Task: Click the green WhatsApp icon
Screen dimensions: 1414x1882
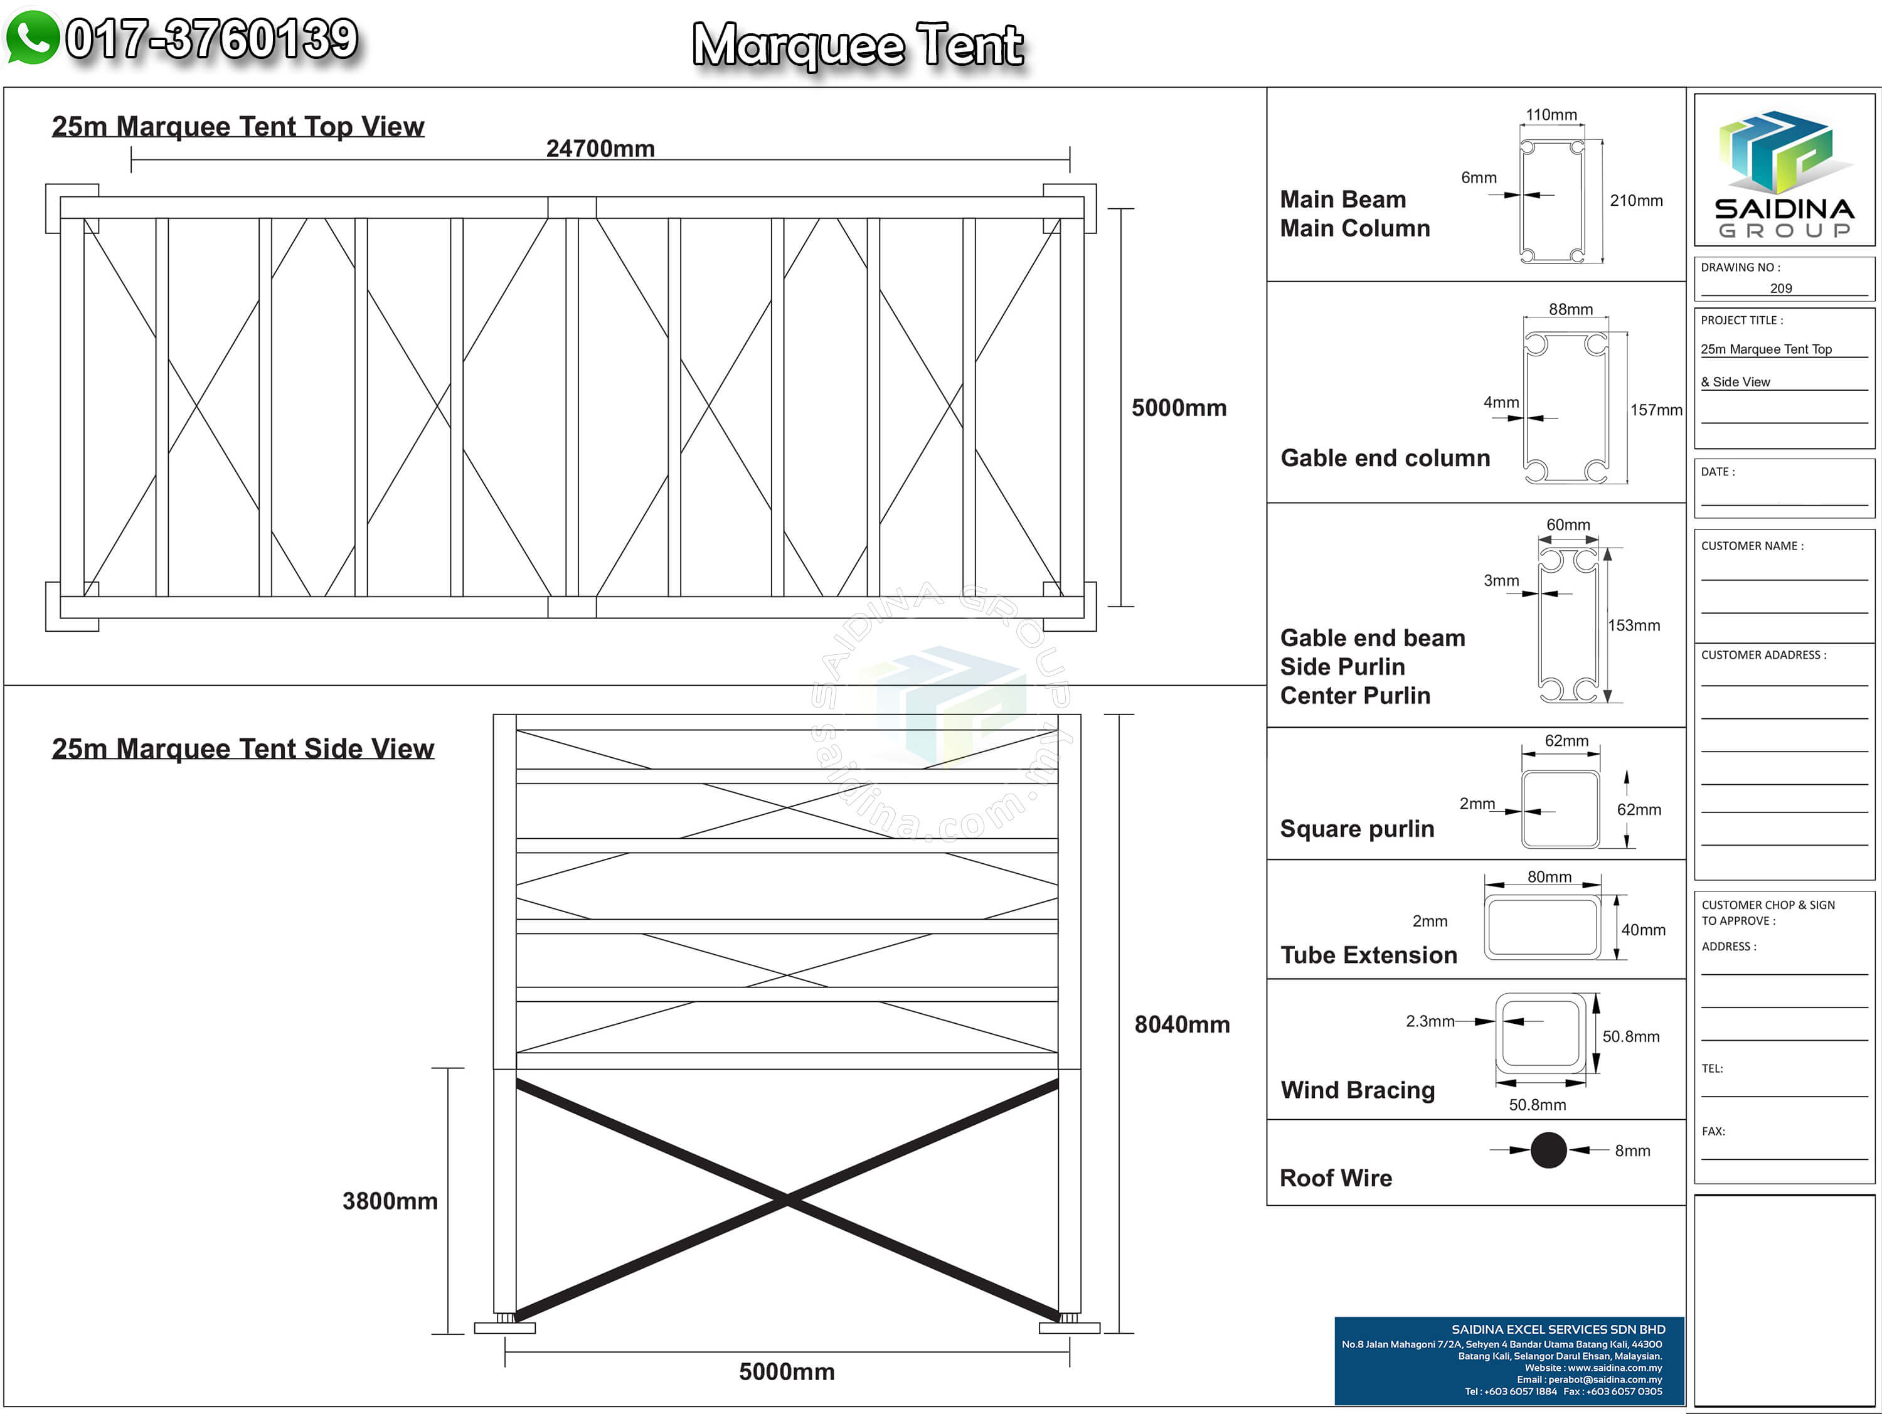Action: tap(33, 38)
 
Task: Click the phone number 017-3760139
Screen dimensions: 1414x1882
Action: tap(212, 39)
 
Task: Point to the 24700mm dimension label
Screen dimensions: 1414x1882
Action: tap(600, 149)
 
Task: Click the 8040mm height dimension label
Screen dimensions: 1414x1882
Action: tap(1182, 1024)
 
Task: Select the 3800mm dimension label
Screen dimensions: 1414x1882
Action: tap(390, 1201)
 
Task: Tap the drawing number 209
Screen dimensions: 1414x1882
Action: tap(1781, 289)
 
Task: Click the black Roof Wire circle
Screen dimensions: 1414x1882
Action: tap(1548, 1151)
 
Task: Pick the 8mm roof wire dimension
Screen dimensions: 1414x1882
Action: tap(1632, 1151)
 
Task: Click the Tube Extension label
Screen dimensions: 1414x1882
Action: tap(1369, 955)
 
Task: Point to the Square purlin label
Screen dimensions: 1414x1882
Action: tap(1357, 829)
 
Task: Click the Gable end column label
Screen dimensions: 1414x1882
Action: tap(1385, 458)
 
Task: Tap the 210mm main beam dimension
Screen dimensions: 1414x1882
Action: tap(1636, 201)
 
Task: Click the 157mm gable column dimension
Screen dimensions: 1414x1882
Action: tap(1656, 410)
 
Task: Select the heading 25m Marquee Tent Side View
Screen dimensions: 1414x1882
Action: tap(243, 748)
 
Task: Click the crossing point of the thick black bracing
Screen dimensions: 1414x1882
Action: tap(787, 1199)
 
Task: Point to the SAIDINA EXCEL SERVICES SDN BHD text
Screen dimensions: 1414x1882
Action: tap(1558, 1329)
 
